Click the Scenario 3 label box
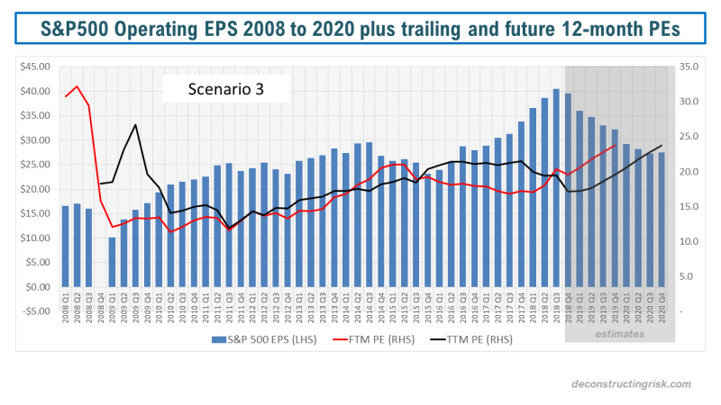pyautogui.click(x=225, y=88)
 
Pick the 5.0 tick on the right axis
pyautogui.click(x=689, y=276)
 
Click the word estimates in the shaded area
pyautogui.click(x=619, y=334)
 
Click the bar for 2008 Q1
pyautogui.click(x=66, y=246)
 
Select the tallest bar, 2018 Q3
pyautogui.click(x=556, y=188)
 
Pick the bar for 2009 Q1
pyautogui.click(x=113, y=262)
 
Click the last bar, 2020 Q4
pyautogui.click(x=662, y=220)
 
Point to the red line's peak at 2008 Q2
pyautogui.click(x=78, y=86)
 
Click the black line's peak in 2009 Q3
pyautogui.click(x=136, y=124)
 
